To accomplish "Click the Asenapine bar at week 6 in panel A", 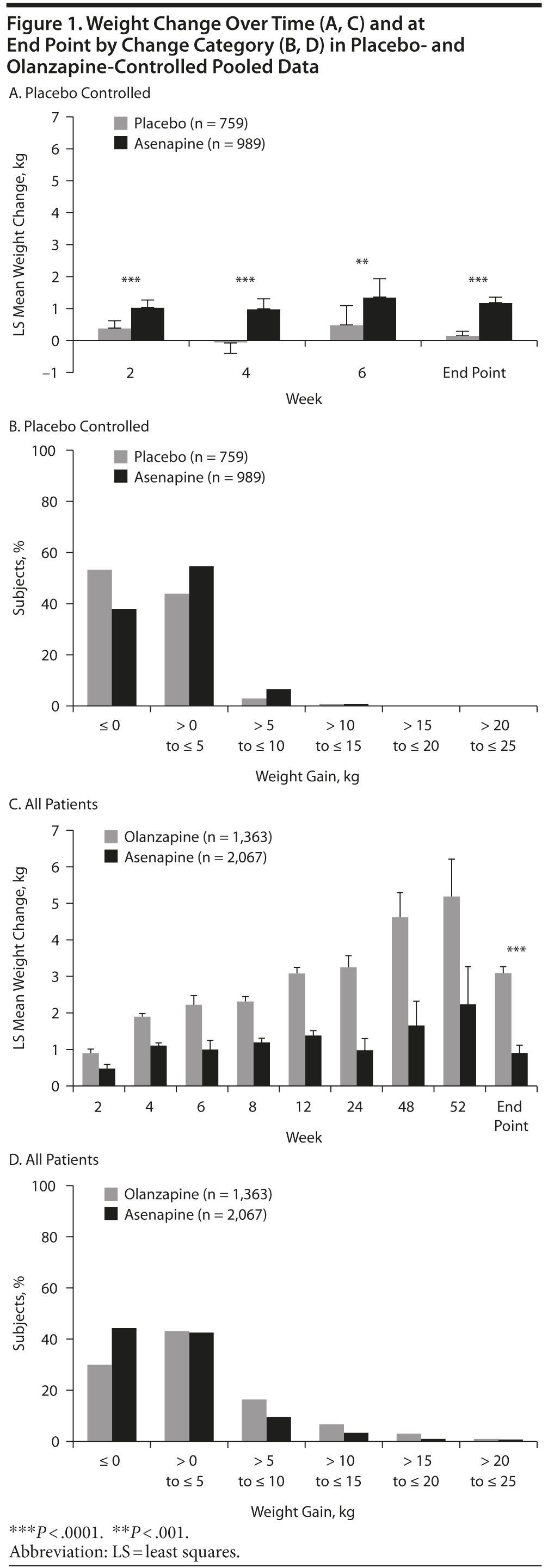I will (x=379, y=319).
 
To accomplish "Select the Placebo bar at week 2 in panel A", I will (x=114, y=334).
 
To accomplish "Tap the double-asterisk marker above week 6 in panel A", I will (x=362, y=262).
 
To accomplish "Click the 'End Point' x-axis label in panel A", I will (x=473, y=373).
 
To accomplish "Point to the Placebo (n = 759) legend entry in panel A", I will (x=181, y=124).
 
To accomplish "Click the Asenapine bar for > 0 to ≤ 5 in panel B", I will (x=201, y=636).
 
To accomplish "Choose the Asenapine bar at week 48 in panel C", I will (x=416, y=1055).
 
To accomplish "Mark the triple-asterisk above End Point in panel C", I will (x=516, y=949).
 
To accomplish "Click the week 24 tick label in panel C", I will (x=354, y=1107).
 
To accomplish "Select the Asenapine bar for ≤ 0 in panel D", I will (x=124, y=1385).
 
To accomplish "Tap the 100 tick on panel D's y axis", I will (x=44, y=1187).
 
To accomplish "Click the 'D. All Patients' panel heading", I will (x=53, y=1159).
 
